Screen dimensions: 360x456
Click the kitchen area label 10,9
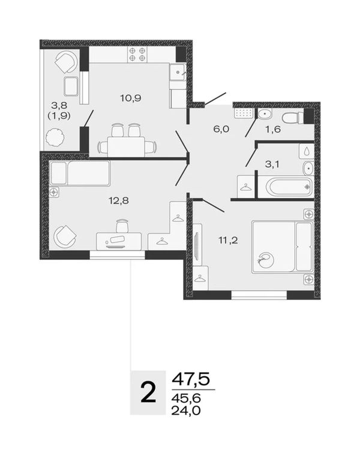131,98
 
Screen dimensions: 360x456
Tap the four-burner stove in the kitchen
137,55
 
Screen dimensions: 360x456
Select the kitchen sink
178,72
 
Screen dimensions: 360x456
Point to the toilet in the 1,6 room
292,118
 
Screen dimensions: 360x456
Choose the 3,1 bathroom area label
272,164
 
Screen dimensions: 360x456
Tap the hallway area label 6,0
221,129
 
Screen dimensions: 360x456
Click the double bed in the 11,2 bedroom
282,247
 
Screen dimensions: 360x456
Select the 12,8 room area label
119,200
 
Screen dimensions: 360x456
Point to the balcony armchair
66,62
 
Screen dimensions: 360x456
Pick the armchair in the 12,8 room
65,236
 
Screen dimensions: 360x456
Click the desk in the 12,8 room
119,241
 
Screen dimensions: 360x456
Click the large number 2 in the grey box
148,392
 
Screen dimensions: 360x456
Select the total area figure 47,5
191,380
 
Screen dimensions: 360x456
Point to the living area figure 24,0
186,410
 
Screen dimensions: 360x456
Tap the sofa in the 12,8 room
80,173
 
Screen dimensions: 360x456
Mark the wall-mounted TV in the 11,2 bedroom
196,245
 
